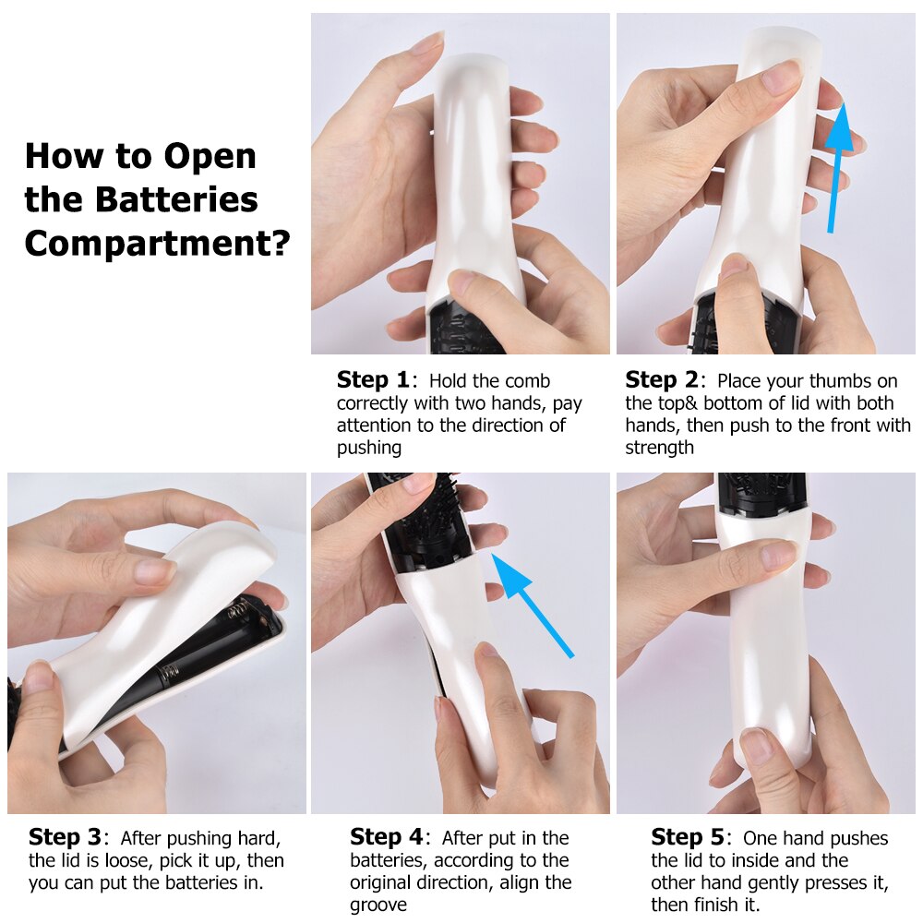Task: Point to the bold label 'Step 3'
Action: [x=64, y=837]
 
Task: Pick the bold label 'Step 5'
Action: [x=687, y=837]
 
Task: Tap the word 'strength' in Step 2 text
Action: [x=659, y=448]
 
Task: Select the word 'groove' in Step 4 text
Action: [x=378, y=905]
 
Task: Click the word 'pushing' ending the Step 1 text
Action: [x=369, y=448]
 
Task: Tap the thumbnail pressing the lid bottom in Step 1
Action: [x=462, y=282]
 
